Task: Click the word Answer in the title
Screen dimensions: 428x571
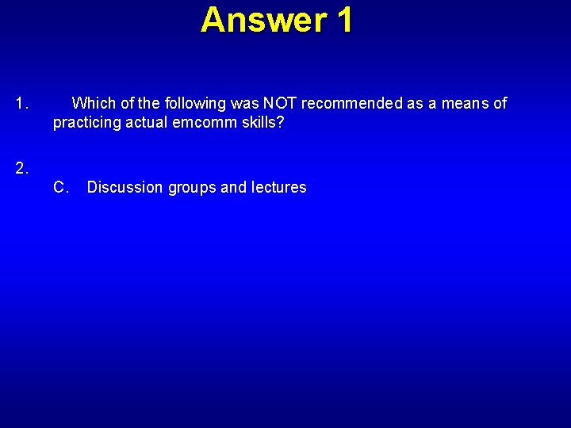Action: (263, 20)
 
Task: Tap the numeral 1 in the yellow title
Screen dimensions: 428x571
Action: (343, 20)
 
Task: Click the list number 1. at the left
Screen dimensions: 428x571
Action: (22, 104)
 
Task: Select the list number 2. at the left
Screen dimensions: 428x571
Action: (22, 167)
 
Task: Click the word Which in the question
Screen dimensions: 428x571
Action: (93, 104)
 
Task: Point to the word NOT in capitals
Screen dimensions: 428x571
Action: (280, 104)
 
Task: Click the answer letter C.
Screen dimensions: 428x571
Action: (59, 188)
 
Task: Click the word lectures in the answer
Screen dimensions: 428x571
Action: (278, 188)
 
